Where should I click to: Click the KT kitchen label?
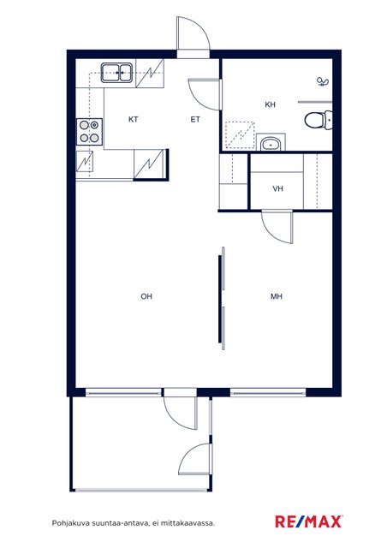click(x=133, y=120)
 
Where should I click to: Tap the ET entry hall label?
click(x=195, y=120)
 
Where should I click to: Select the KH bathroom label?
click(x=270, y=104)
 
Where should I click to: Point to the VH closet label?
click(x=277, y=189)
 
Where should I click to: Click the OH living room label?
click(x=146, y=296)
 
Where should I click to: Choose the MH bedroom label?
click(x=277, y=296)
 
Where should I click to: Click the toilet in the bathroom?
click(x=319, y=120)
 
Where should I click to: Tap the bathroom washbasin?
click(x=271, y=143)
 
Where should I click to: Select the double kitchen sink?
click(x=116, y=73)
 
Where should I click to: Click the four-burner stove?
click(x=90, y=131)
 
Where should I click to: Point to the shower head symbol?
click(x=322, y=82)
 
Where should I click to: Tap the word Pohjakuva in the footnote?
click(x=70, y=523)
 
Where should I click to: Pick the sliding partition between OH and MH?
click(x=222, y=298)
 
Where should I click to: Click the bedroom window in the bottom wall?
click(x=268, y=393)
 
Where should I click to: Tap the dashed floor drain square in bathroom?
click(x=240, y=135)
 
